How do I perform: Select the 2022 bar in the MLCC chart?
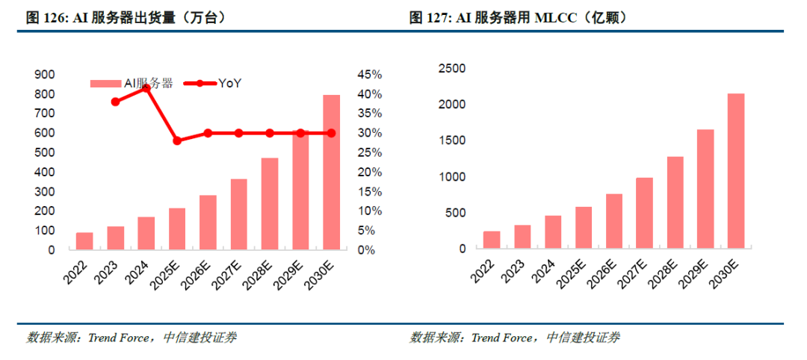click(x=492, y=240)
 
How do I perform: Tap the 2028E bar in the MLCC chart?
click(x=675, y=202)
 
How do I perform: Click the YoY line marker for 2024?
click(x=146, y=88)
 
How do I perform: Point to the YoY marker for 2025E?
click(x=177, y=140)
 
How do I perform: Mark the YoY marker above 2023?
click(x=116, y=102)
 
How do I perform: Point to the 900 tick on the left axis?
click(x=45, y=75)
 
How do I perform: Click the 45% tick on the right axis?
click(x=370, y=75)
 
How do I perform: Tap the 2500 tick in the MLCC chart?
click(x=451, y=69)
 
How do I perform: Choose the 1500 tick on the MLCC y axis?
click(x=451, y=141)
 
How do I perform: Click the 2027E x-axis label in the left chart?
click(x=231, y=273)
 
